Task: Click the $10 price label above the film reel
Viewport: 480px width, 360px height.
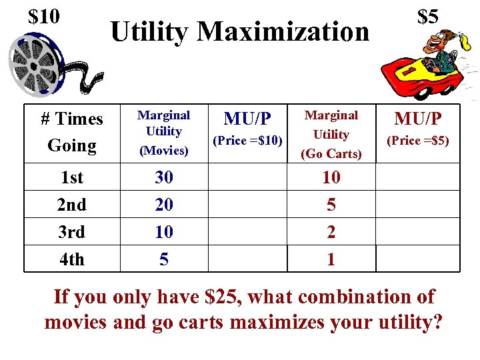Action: (x=44, y=15)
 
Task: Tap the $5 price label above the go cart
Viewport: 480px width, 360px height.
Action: (x=427, y=16)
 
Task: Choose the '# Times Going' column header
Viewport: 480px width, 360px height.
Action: (x=72, y=132)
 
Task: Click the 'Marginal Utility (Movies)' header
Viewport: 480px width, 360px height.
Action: (x=164, y=133)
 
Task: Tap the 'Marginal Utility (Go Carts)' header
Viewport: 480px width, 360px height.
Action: (x=331, y=134)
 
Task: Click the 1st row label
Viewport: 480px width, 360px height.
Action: (x=72, y=178)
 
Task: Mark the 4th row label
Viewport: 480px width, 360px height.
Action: (x=72, y=259)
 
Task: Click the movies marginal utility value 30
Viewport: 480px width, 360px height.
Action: (x=164, y=178)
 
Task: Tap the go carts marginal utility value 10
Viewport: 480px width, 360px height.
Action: (x=331, y=178)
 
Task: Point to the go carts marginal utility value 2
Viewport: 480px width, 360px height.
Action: (x=331, y=232)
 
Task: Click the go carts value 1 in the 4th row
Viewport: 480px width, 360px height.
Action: (x=331, y=259)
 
